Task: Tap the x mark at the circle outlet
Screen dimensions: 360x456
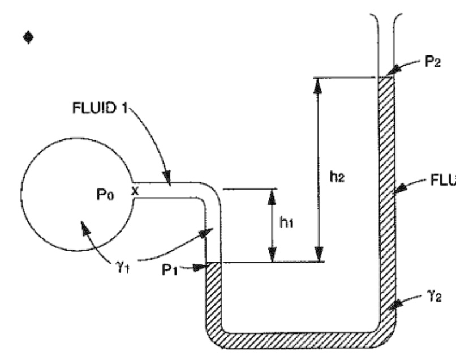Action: pos(135,191)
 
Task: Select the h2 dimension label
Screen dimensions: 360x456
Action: pos(337,177)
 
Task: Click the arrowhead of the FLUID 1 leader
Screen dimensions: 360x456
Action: pos(169,181)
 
